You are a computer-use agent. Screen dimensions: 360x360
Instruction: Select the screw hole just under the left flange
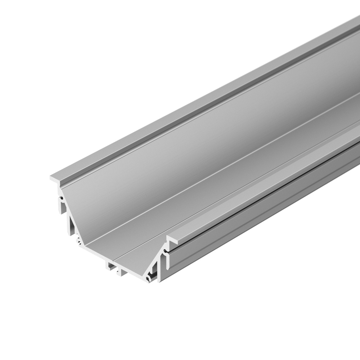click(62, 198)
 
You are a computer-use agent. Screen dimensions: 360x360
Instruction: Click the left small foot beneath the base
click(109, 266)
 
